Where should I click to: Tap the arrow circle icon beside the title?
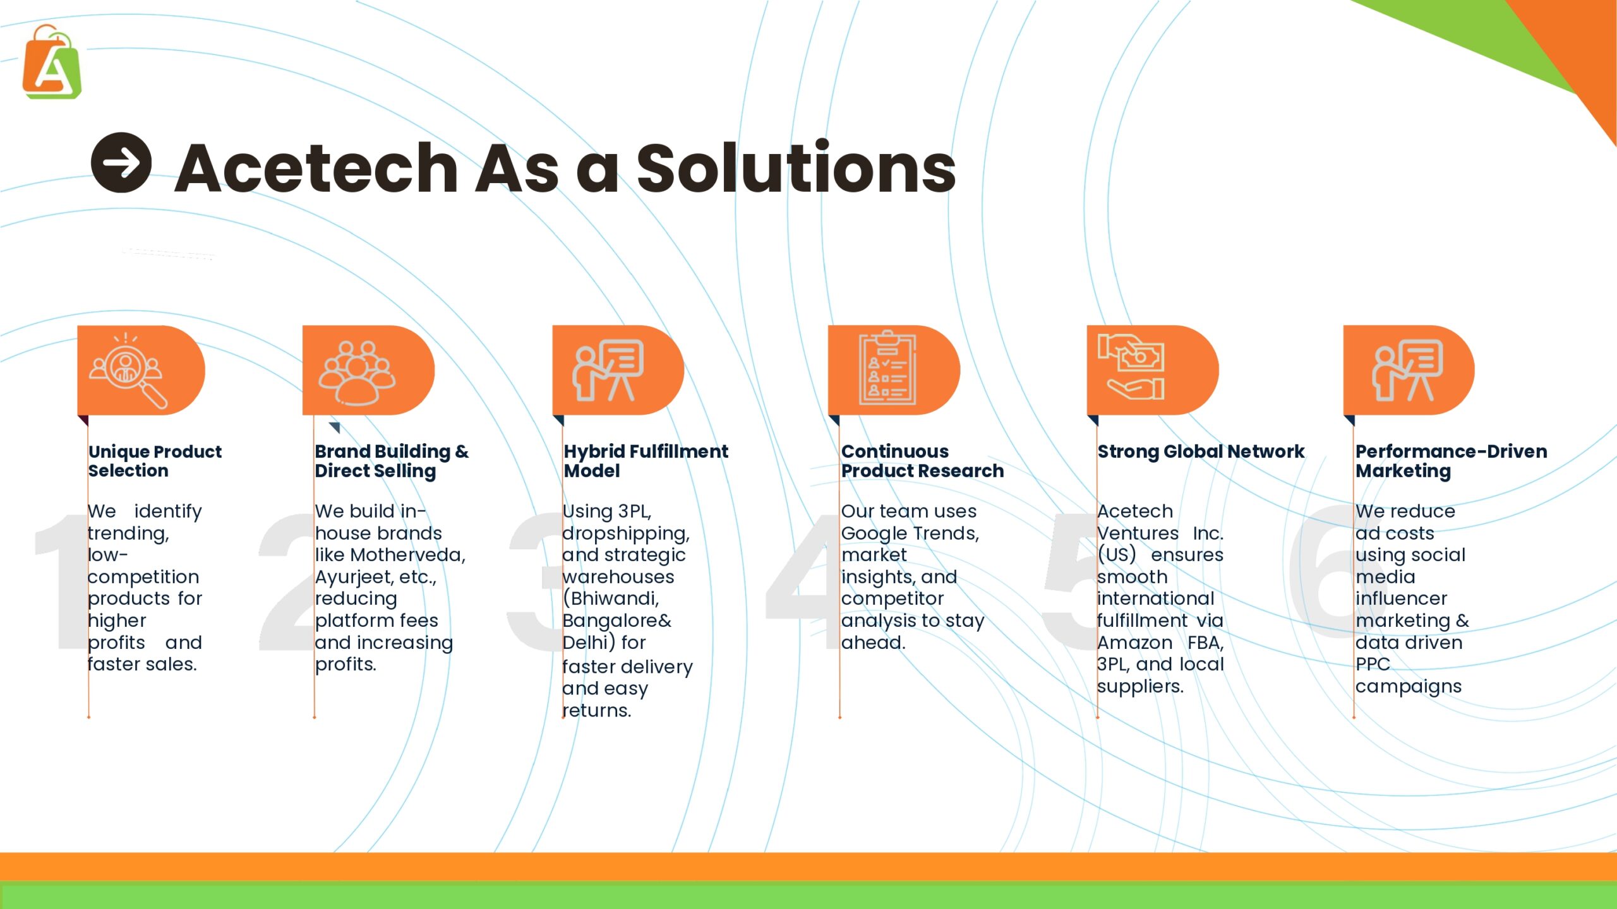121,163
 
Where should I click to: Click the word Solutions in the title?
796,167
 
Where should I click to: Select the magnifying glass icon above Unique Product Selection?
128,371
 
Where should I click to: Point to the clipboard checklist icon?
887,367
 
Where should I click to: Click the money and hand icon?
1131,367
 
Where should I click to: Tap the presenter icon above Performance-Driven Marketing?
1408,371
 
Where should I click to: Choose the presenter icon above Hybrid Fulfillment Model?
608,371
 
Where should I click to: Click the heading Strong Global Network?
1201,452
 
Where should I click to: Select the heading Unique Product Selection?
155,461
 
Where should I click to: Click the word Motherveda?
407,555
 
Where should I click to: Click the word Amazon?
1134,643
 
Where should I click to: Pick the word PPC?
1373,664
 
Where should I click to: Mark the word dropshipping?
625,534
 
